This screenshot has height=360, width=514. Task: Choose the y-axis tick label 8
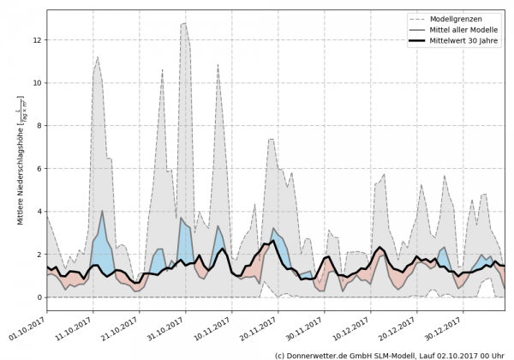36,126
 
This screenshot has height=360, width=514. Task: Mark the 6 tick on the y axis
36,169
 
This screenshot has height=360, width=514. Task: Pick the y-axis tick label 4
36,212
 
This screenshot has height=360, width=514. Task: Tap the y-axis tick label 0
36,297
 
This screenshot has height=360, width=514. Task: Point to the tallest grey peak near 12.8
184,24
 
